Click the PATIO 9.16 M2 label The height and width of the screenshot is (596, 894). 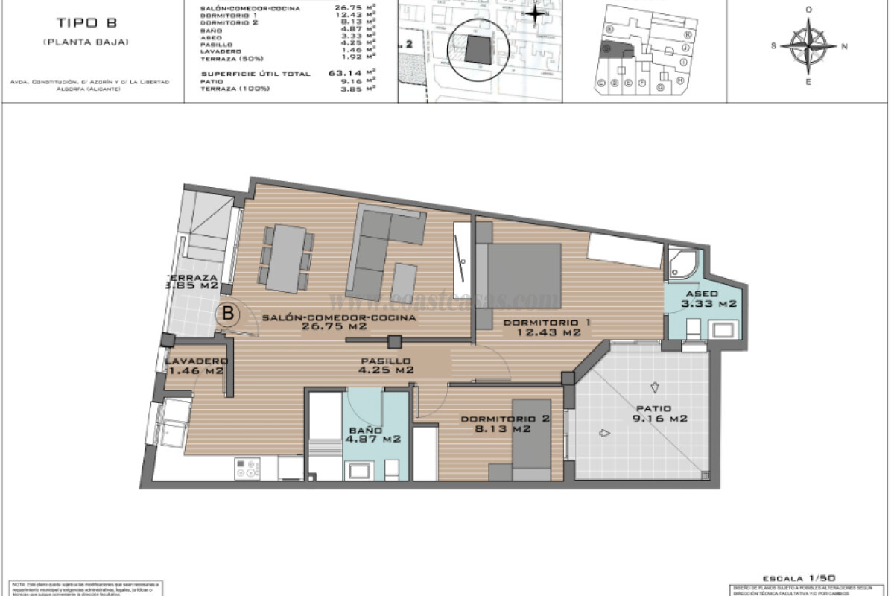(653, 413)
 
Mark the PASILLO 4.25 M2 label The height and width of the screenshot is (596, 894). (384, 364)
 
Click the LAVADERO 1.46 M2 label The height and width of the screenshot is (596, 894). (196, 365)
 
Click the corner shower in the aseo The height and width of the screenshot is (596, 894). (683, 262)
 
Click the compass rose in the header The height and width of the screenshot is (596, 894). (809, 45)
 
